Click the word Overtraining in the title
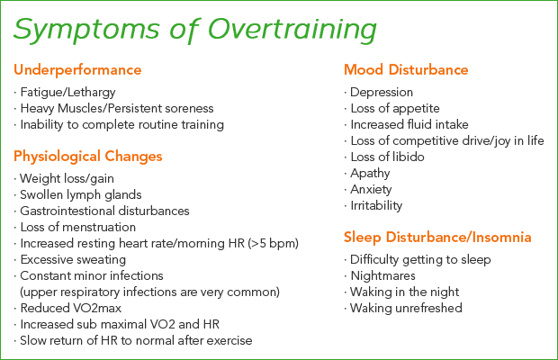pos(292,30)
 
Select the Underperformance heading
pos(77,70)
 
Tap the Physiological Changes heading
pos(88,157)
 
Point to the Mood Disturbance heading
pos(406,69)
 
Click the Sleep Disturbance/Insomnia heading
pos(437,238)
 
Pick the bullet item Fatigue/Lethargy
pos(67,93)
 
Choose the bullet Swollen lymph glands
pos(81,195)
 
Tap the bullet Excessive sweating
pos(73,260)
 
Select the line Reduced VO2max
pos(71,308)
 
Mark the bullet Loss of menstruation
pos(78,228)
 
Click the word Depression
pos(382,93)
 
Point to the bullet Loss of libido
pos(387,157)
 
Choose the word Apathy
pos(370,174)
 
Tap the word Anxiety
pos(371,190)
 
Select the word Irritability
pos(376,205)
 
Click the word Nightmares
pos(382,276)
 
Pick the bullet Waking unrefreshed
pos(406,308)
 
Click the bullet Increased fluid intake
pos(409,124)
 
